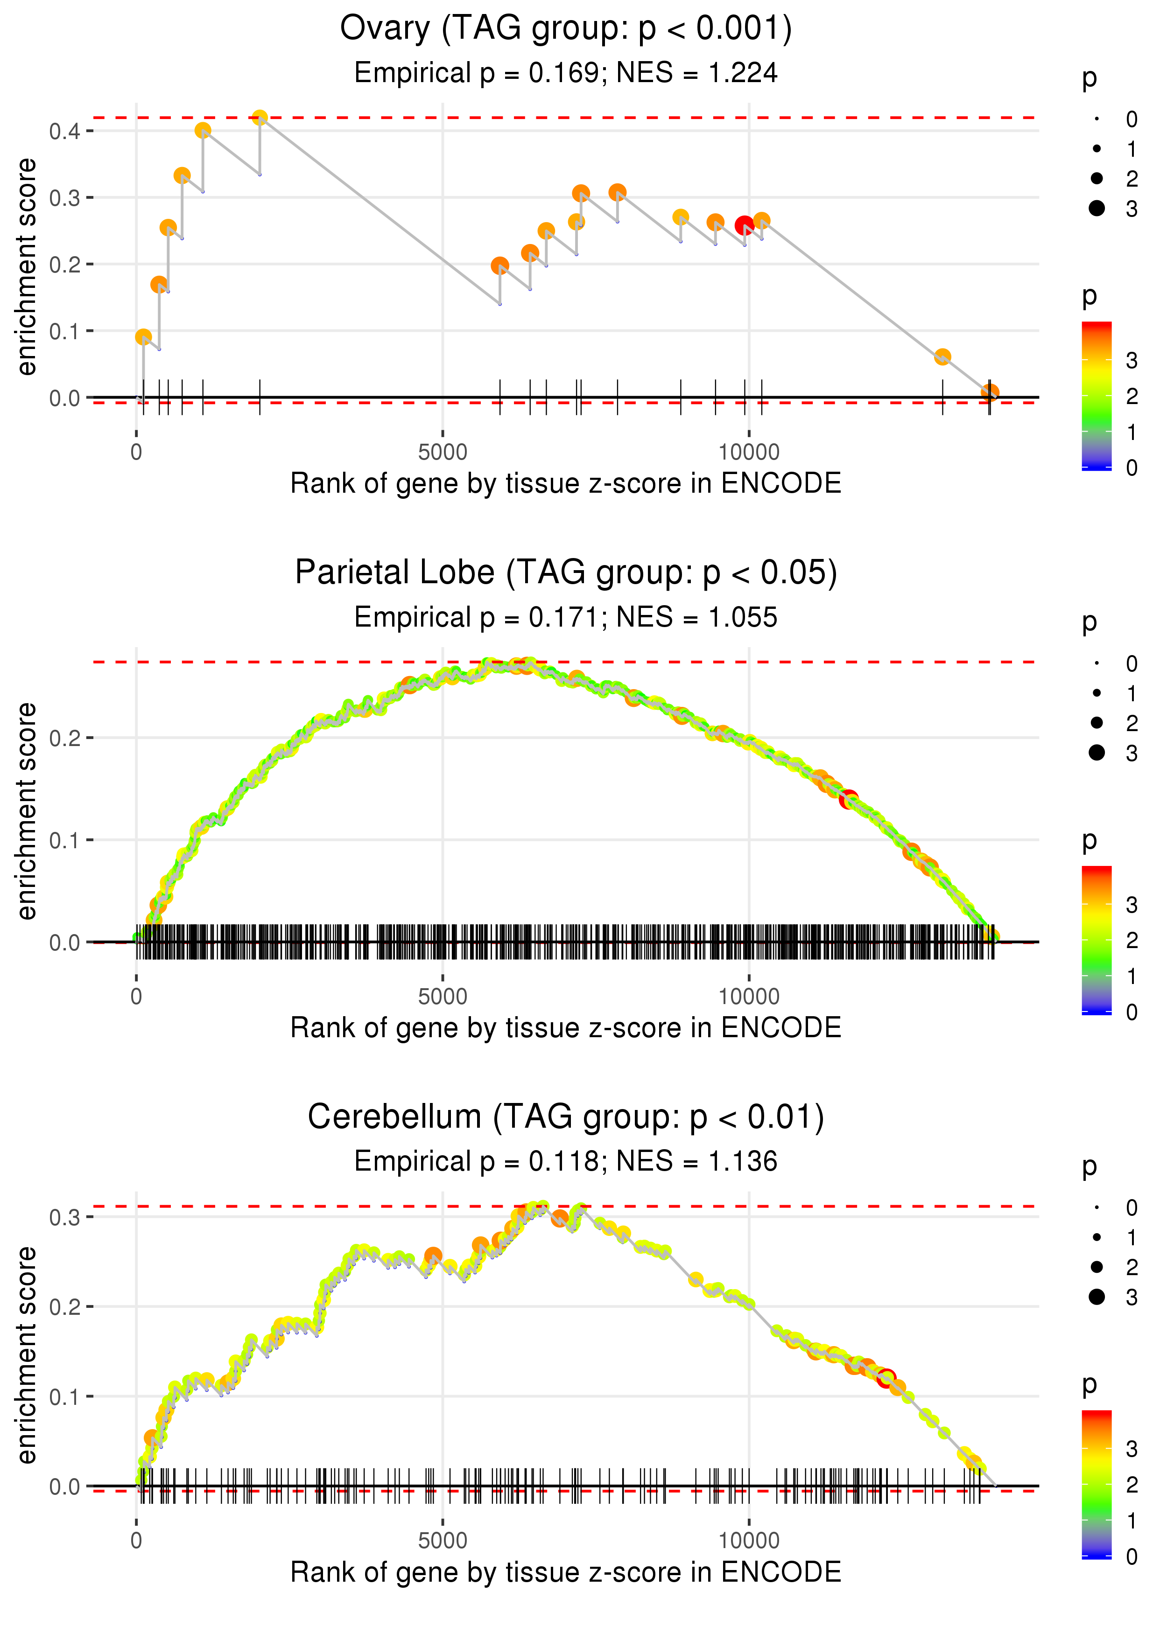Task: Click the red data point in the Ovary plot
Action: coord(745,225)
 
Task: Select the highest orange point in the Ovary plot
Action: coord(260,117)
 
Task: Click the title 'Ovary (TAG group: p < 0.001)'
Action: coord(566,29)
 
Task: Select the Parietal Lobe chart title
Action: coord(566,573)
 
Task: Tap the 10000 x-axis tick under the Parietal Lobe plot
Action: coord(749,996)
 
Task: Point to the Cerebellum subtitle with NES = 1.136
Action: coord(566,1161)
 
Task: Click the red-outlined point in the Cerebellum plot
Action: coord(886,1378)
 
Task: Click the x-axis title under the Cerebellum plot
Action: coord(566,1572)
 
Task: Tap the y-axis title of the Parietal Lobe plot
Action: coord(27,811)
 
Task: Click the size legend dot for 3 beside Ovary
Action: coord(1097,208)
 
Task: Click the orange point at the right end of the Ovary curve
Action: coord(990,392)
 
